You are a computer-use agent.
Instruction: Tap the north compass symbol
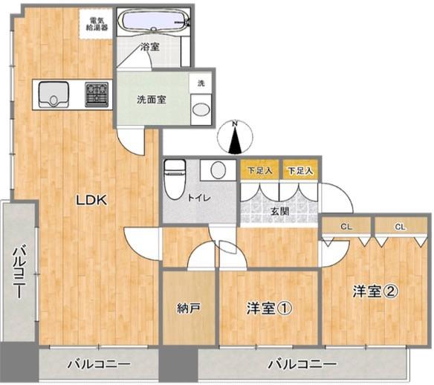point(236,137)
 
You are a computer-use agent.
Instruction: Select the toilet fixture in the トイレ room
point(174,178)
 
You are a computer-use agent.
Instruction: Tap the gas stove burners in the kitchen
point(96,94)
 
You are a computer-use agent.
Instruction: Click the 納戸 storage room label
point(188,307)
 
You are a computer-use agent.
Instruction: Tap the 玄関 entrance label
point(279,211)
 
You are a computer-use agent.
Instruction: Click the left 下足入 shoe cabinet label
point(259,170)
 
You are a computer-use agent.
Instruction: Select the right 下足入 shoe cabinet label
point(300,170)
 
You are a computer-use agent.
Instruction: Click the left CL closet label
point(346,227)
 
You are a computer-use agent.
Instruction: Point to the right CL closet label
point(399,227)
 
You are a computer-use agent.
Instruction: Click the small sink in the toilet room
point(218,170)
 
